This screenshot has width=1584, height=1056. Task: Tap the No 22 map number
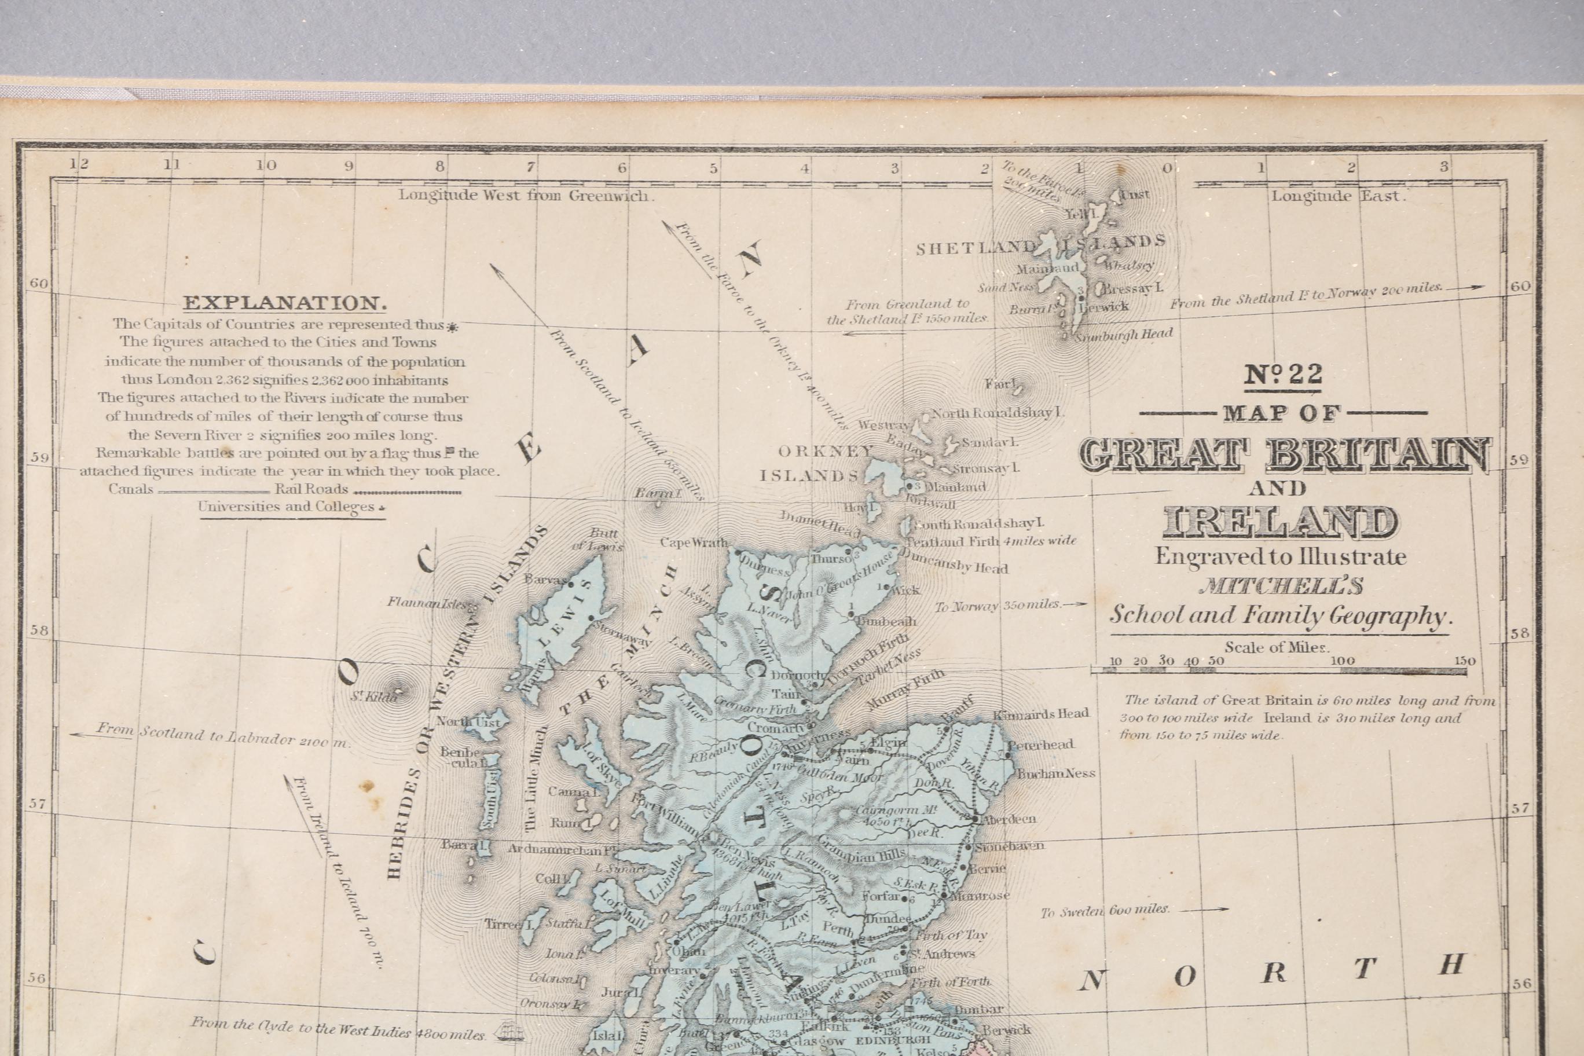(1282, 375)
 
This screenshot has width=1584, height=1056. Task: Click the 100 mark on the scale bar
(1343, 661)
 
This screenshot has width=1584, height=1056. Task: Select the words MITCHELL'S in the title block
(1281, 586)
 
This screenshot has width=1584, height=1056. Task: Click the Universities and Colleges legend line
(286, 507)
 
